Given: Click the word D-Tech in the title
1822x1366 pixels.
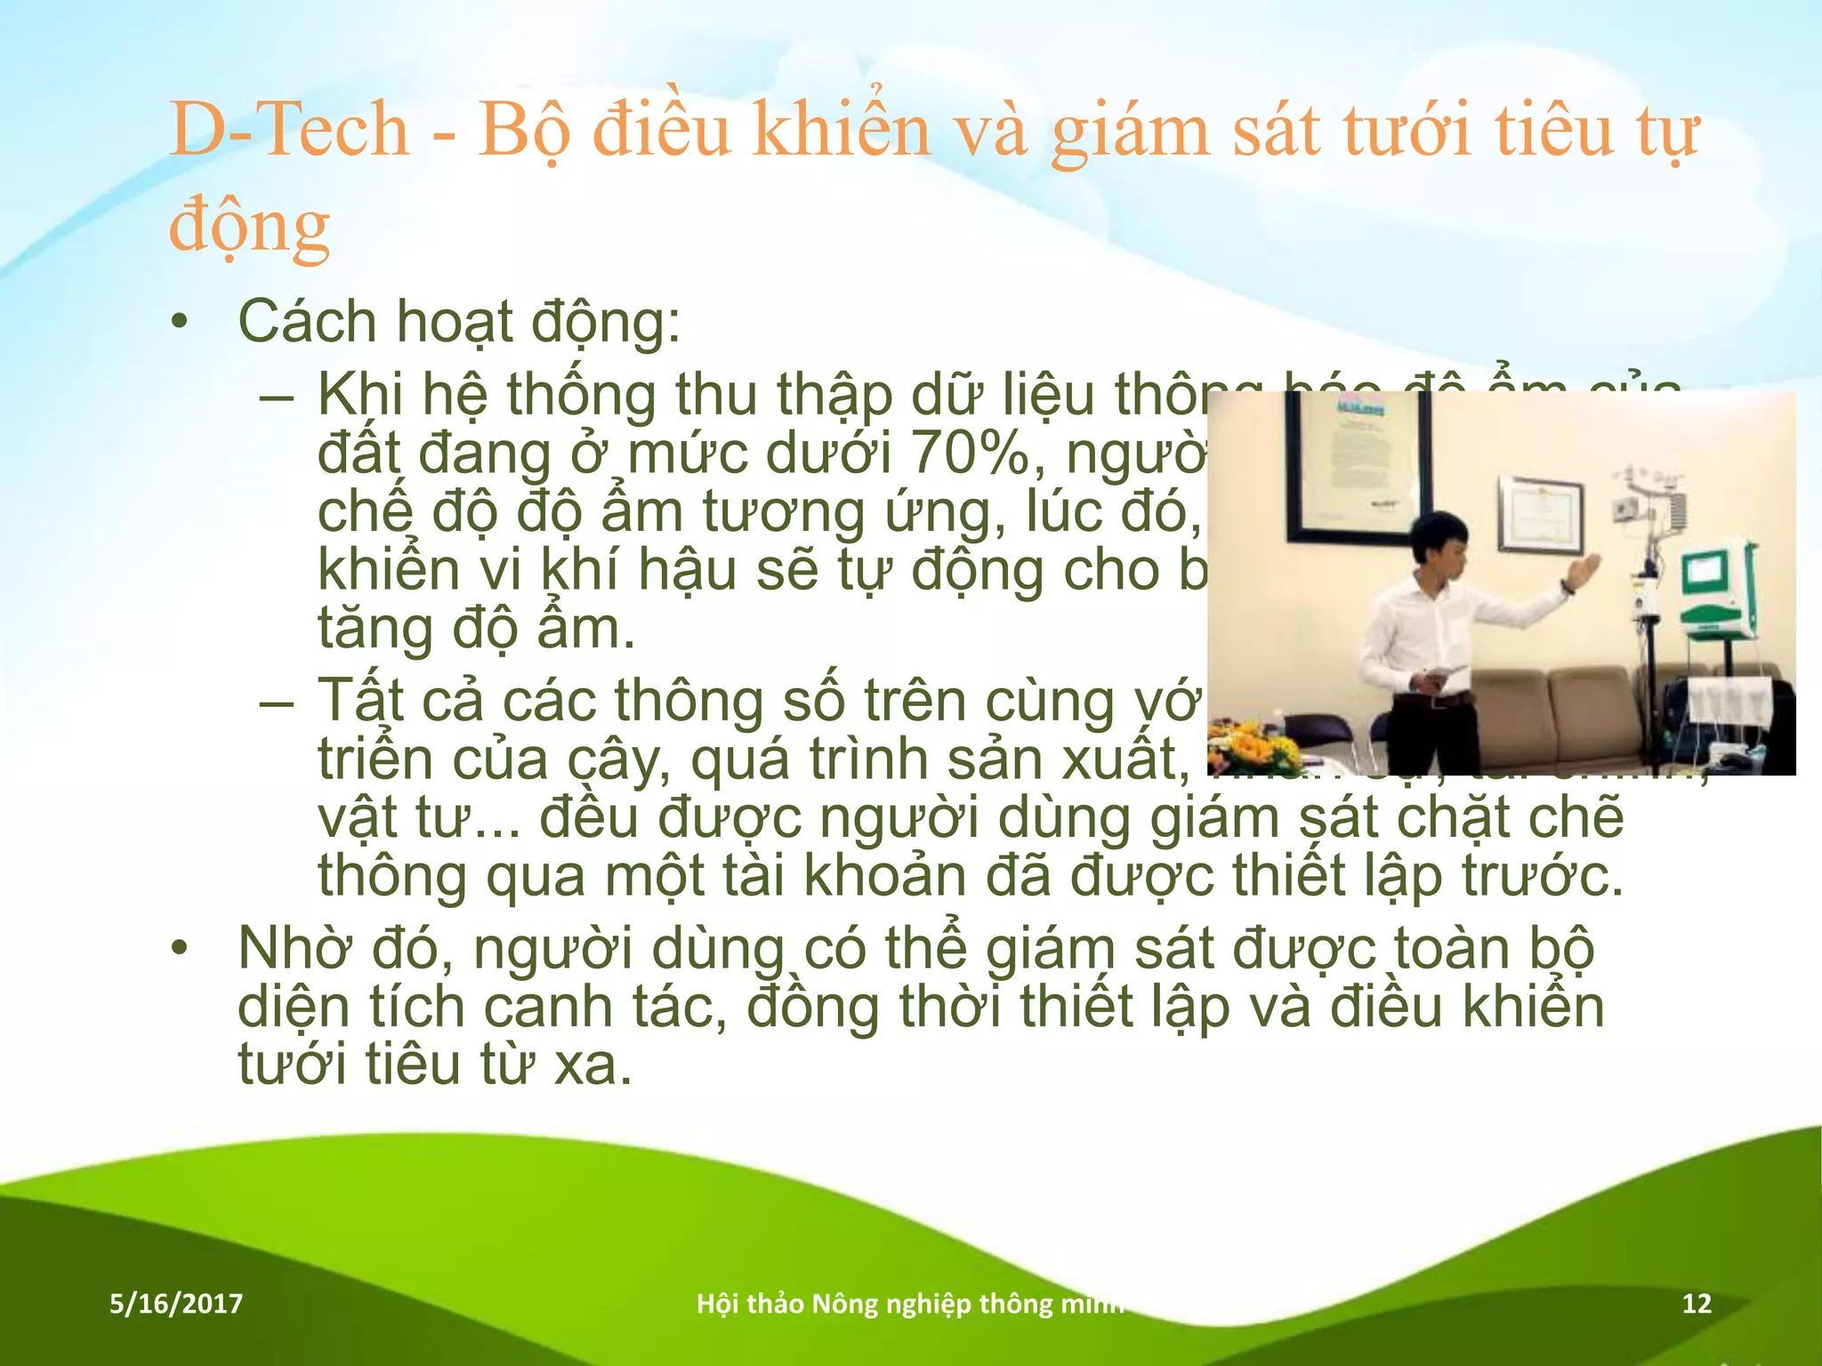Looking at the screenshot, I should (x=289, y=131).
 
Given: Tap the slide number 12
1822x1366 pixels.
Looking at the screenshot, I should (x=1697, y=1304).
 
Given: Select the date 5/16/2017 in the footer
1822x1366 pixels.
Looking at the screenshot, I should (x=176, y=1304).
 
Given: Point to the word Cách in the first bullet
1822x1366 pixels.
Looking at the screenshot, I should (x=307, y=321).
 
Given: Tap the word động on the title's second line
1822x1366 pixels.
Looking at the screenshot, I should (x=250, y=227).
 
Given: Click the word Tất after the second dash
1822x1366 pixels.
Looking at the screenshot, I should (x=360, y=701).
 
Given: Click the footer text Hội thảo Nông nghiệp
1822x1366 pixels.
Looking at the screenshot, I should (x=836, y=1304).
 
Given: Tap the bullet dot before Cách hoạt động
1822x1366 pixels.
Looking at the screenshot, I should (x=181, y=323).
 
